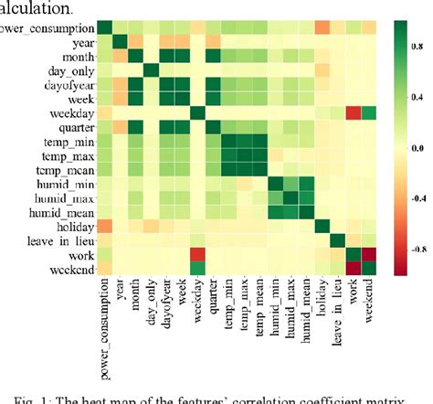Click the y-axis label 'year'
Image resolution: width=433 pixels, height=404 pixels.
click(79, 43)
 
